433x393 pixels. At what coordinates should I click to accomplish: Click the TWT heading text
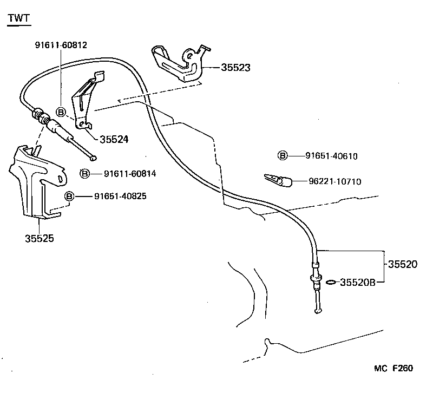[19, 19]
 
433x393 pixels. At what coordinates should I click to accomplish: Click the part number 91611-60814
[130, 174]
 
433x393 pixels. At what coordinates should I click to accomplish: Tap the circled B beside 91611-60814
[84, 174]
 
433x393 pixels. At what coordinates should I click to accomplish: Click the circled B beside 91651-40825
[69, 196]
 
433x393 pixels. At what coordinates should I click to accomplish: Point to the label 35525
[39, 238]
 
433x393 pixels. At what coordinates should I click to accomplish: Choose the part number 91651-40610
[331, 156]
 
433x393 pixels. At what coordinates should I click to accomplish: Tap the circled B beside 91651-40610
[283, 156]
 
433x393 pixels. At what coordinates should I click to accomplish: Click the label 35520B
[357, 282]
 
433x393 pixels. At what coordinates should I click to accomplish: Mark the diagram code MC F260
[393, 369]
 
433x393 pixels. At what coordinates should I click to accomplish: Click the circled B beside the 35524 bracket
[61, 112]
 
